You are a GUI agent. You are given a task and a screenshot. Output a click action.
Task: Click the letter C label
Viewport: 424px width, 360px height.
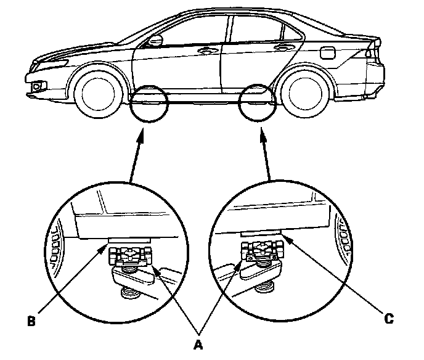[388, 319]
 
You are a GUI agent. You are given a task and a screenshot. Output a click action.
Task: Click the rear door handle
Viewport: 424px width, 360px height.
[285, 47]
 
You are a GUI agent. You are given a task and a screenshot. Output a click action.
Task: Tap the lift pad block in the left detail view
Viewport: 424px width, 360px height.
[129, 253]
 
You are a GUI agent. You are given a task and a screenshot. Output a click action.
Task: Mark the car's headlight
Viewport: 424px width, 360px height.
[55, 60]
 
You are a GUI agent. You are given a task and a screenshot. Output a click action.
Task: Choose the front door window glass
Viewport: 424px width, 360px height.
[197, 31]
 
